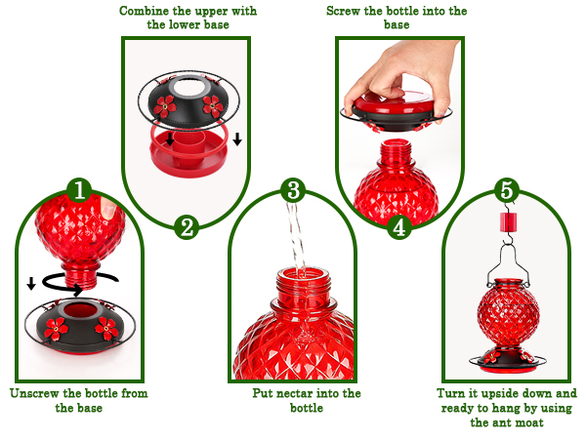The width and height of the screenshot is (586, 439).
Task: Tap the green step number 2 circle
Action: click(187, 227)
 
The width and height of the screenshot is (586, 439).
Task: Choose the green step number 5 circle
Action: click(504, 188)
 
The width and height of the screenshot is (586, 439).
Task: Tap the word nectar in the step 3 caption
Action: click(295, 394)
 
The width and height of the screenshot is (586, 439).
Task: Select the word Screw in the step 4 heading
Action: click(347, 11)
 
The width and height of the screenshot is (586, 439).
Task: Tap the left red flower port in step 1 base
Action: click(56, 328)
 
